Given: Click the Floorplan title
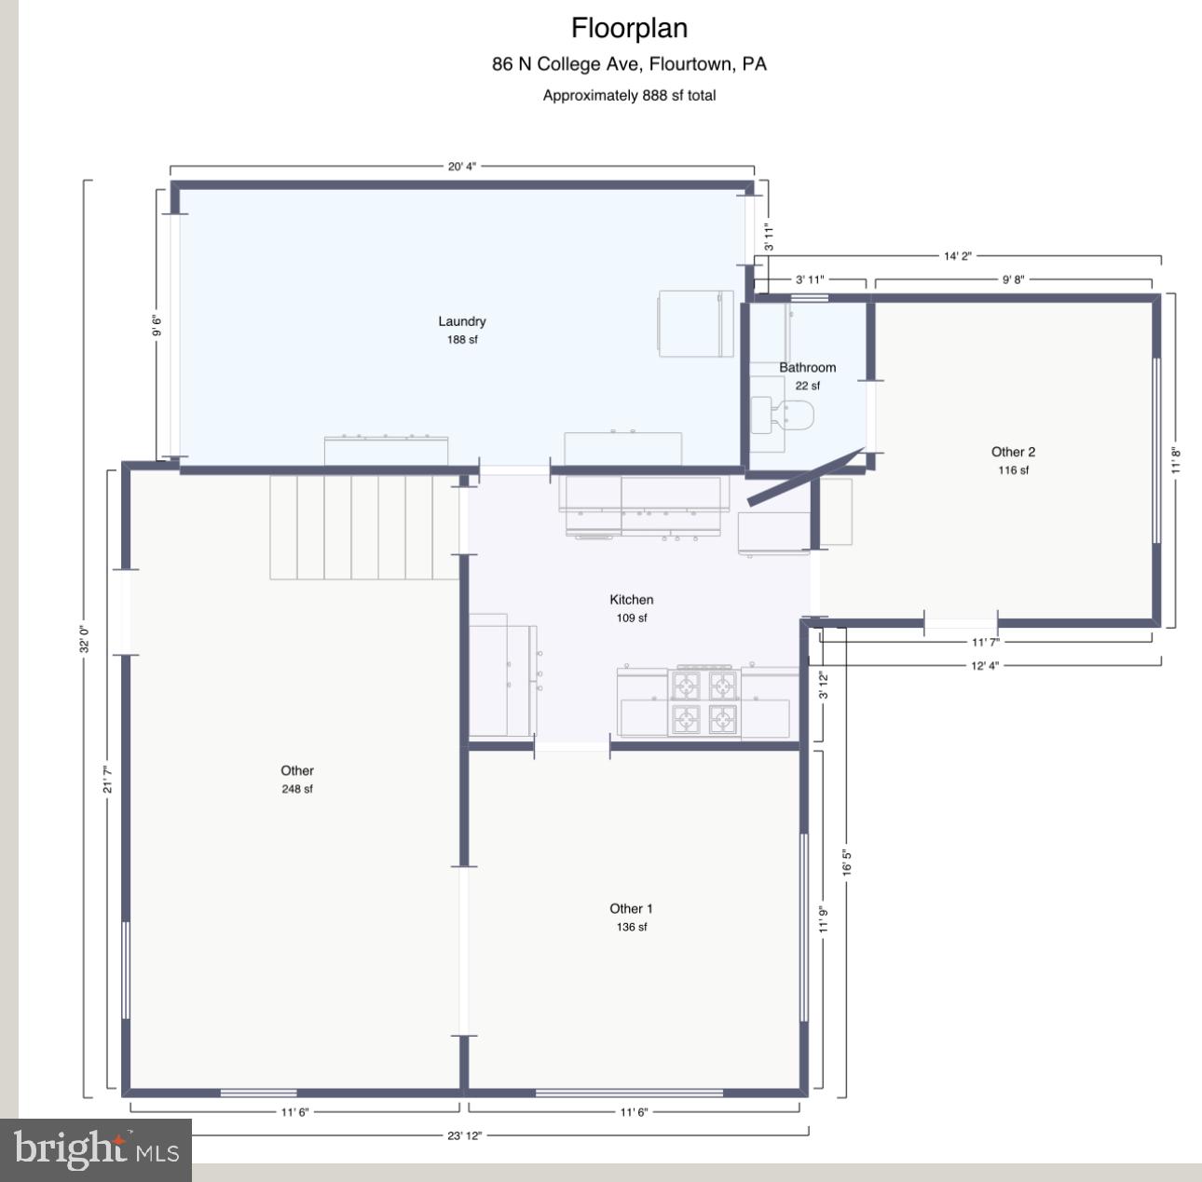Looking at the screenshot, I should pyautogui.click(x=629, y=29).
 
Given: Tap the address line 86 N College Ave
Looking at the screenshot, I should pyautogui.click(x=629, y=64).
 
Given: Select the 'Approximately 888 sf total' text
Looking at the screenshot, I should pyautogui.click(x=629, y=95).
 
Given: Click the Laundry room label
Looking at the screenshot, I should pyautogui.click(x=462, y=322).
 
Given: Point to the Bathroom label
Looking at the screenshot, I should pyautogui.click(x=807, y=368).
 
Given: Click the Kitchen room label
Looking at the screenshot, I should pyautogui.click(x=631, y=600).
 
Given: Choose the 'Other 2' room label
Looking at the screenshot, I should pyautogui.click(x=1013, y=453).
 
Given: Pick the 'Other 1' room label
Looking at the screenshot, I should pyautogui.click(x=631, y=909).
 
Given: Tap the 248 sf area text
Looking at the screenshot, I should pyautogui.click(x=297, y=789).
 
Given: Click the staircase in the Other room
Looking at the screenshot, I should pyautogui.click(x=364, y=527).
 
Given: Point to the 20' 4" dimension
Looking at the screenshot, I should pyautogui.click(x=462, y=167).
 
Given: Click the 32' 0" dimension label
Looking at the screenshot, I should pyautogui.click(x=84, y=638).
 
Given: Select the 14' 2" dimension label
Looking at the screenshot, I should pyautogui.click(x=957, y=256).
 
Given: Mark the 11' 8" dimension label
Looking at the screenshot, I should pyautogui.click(x=1177, y=461).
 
